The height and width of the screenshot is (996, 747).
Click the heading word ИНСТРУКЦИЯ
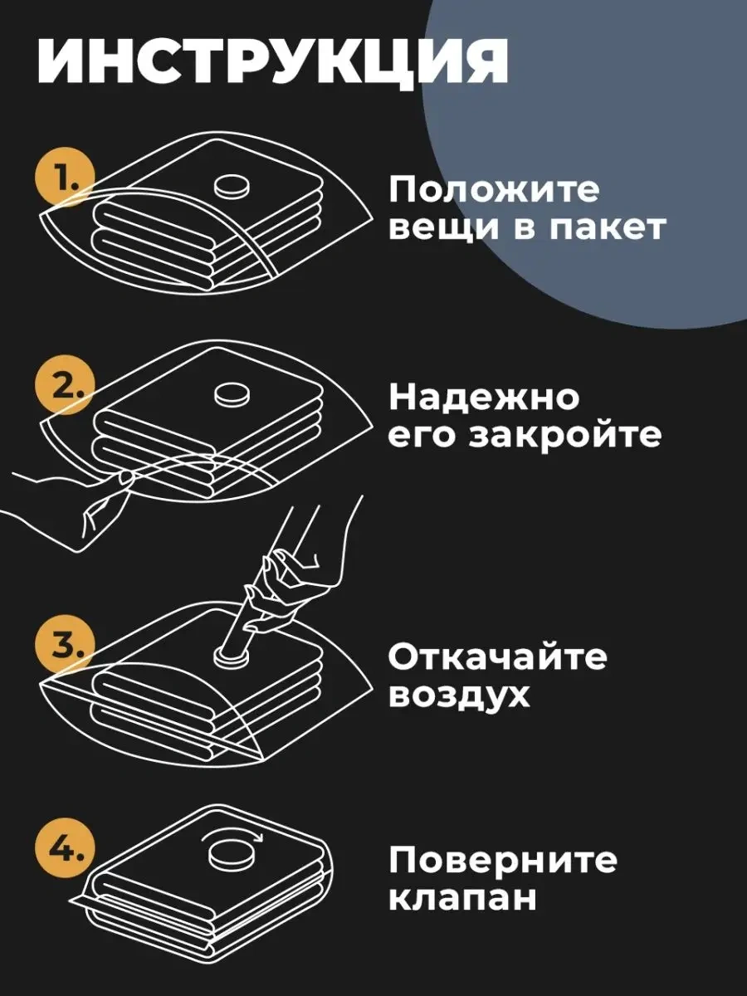click(x=272, y=61)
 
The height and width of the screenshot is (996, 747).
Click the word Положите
click(x=495, y=191)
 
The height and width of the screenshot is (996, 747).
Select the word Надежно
click(x=485, y=397)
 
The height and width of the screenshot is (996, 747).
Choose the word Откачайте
click(x=497, y=657)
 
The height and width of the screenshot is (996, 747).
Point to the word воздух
click(x=460, y=696)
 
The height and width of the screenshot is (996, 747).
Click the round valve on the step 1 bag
click(x=232, y=188)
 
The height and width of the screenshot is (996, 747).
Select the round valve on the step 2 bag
click(x=232, y=394)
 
